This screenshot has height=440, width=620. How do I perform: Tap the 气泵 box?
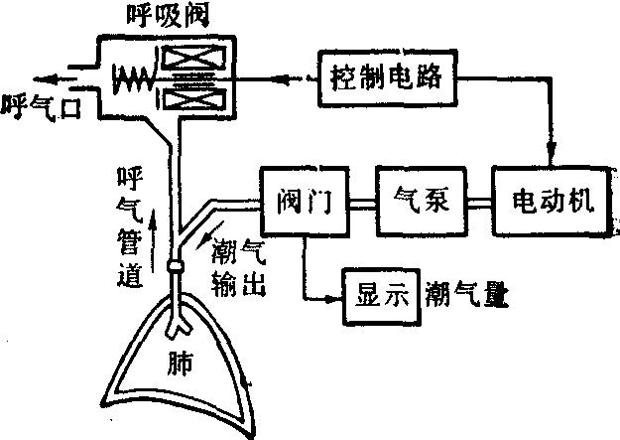pos(424,203)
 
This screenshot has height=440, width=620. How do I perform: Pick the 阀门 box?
pos(303,203)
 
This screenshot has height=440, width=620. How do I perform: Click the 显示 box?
pos(377,295)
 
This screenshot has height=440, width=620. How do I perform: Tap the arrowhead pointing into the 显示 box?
pos(334,295)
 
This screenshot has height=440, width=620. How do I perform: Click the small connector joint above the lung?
pos(176,267)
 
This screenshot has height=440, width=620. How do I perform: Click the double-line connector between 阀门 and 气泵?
pos(362,203)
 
